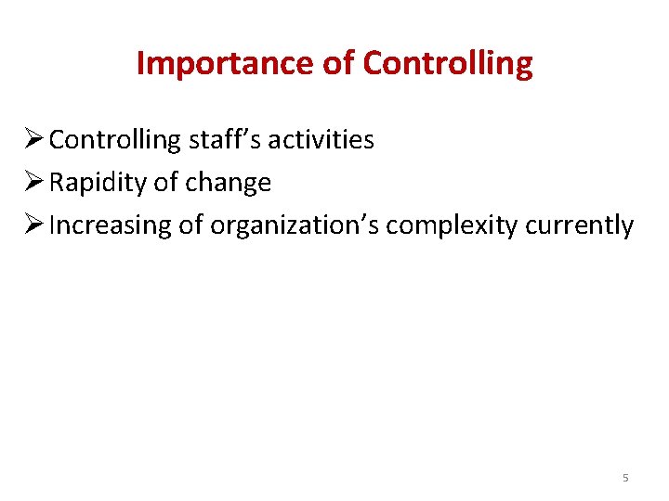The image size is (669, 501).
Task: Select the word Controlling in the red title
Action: [449, 63]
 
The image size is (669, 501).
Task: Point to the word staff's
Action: [224, 140]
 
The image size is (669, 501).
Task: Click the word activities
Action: [321, 140]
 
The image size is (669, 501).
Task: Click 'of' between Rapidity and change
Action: [166, 183]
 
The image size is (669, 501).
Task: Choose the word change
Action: [229, 183]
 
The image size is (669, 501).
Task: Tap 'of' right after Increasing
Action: [191, 225]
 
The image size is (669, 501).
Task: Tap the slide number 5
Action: [625, 478]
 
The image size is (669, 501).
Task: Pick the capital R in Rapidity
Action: [56, 183]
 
